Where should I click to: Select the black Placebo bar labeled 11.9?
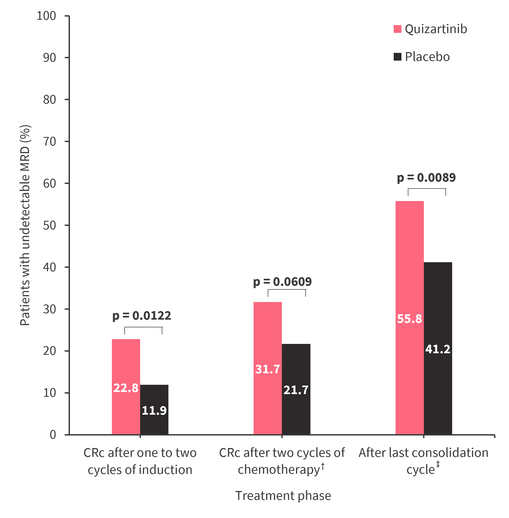tap(154, 409)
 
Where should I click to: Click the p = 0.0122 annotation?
tap(142, 316)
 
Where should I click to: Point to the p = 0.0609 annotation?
tap(282, 282)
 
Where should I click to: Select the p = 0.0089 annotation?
tap(426, 178)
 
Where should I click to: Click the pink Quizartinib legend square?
tap(397, 29)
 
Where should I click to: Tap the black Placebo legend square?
tap(397, 57)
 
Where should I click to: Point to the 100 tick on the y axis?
tap(46, 16)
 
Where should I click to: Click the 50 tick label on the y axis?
tap(49, 225)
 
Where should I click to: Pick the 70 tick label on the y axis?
tap(49, 142)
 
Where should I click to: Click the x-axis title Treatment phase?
tap(283, 496)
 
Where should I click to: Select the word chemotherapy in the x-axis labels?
tap(279, 470)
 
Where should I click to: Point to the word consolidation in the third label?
tap(448, 453)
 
